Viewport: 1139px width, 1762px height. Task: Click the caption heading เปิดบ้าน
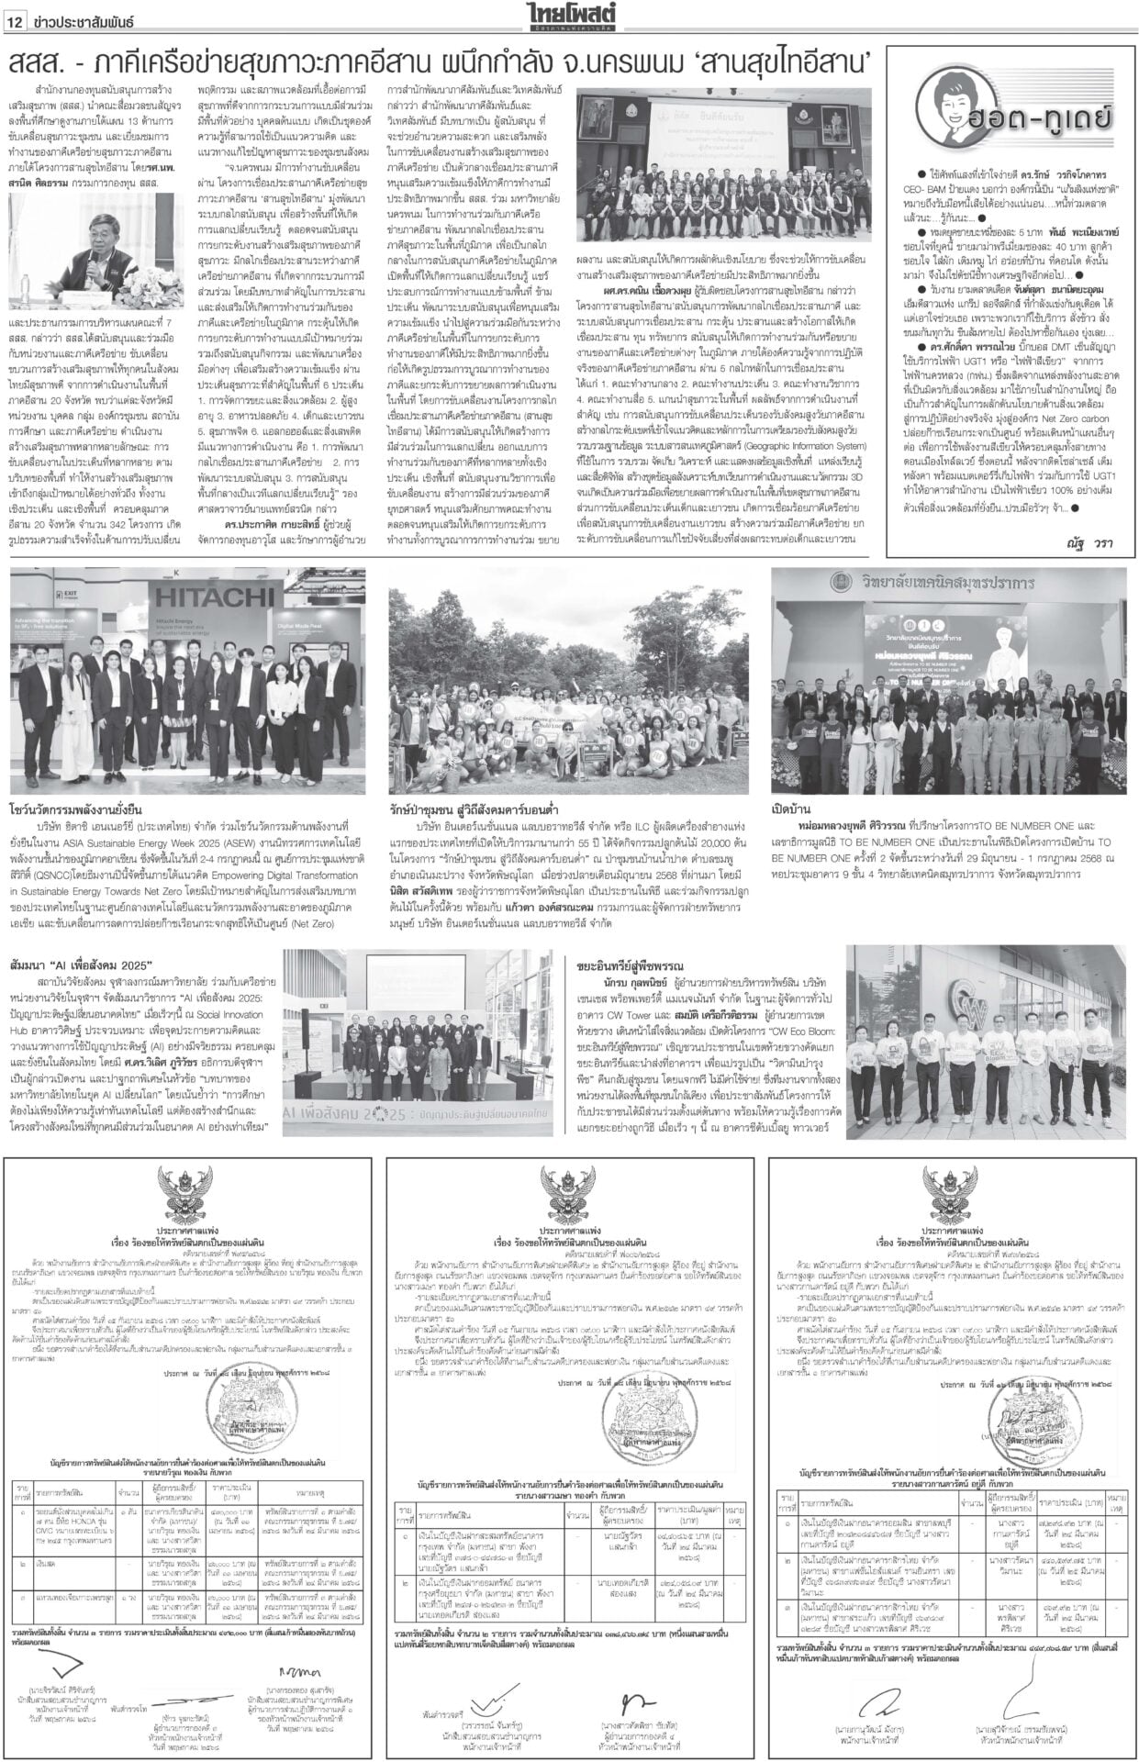[x=789, y=810]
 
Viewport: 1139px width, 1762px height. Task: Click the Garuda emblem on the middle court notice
[x=570, y=1191]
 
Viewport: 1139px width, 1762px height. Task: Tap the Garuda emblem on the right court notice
[x=952, y=1191]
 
